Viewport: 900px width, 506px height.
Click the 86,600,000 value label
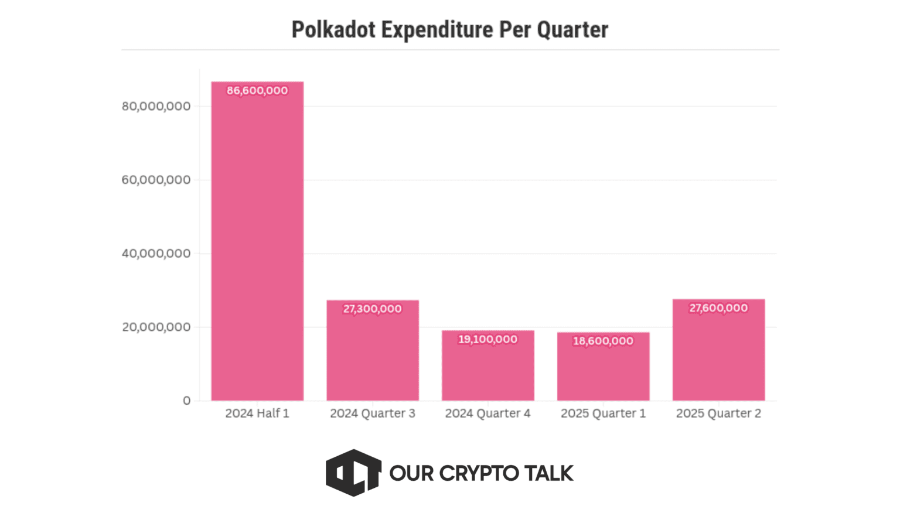coord(257,91)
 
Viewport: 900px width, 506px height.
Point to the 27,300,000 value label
coord(373,309)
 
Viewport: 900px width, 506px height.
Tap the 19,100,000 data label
coord(488,339)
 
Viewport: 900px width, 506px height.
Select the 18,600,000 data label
coord(603,341)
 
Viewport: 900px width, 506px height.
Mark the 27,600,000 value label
coord(718,308)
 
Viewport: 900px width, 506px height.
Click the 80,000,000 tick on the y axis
coord(156,106)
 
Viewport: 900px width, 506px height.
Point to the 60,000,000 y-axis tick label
coord(156,180)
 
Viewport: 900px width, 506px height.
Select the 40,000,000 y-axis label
coord(156,254)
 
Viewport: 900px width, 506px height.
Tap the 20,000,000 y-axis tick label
coord(156,327)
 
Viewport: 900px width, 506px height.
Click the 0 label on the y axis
coord(186,401)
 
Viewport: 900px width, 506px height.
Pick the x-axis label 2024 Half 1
coord(257,413)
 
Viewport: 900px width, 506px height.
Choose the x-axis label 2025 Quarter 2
coord(718,413)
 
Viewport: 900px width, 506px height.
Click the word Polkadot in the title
coord(333,29)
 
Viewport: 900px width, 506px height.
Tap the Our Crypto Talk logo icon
coord(353,473)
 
